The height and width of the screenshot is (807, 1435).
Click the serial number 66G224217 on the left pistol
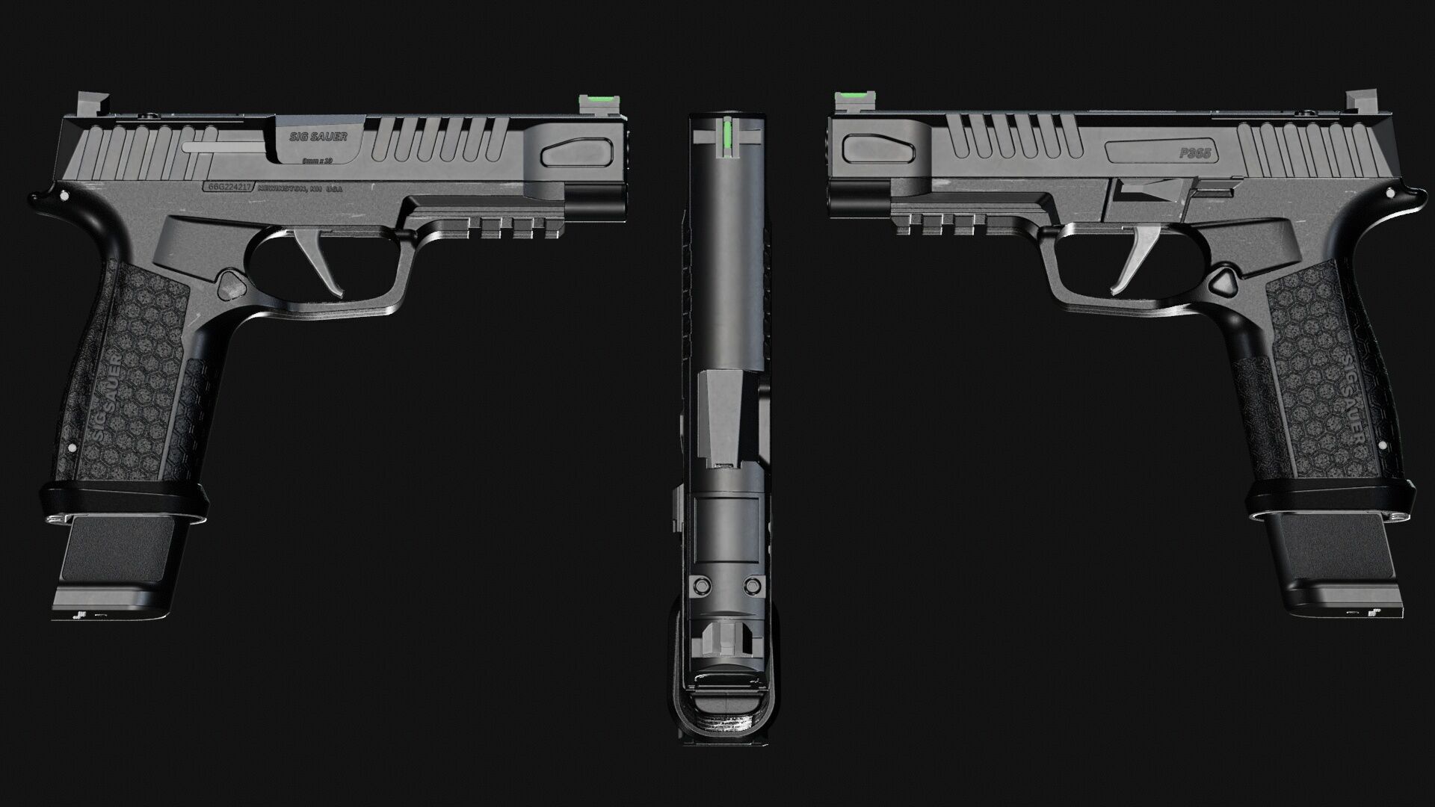pyautogui.click(x=229, y=189)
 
